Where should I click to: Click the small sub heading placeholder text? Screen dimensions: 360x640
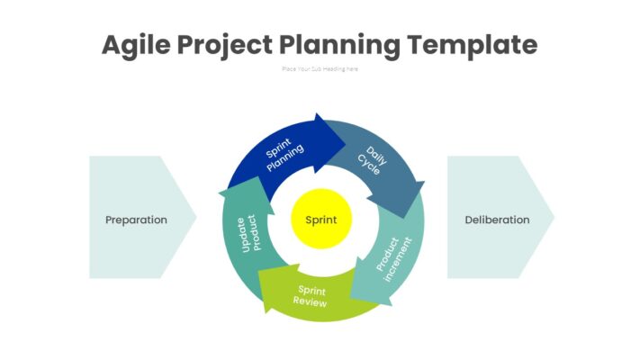click(320, 69)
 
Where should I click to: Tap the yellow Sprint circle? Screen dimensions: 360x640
click(321, 220)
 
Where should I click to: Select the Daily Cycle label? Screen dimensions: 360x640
click(372, 160)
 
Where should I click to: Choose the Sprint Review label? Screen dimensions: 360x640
click(311, 296)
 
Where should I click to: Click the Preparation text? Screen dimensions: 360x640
click(136, 220)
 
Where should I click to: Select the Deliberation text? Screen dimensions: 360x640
click(497, 220)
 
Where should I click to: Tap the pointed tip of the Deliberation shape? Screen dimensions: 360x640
click(553, 218)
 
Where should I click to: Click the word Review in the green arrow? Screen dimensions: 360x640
click(310, 303)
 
